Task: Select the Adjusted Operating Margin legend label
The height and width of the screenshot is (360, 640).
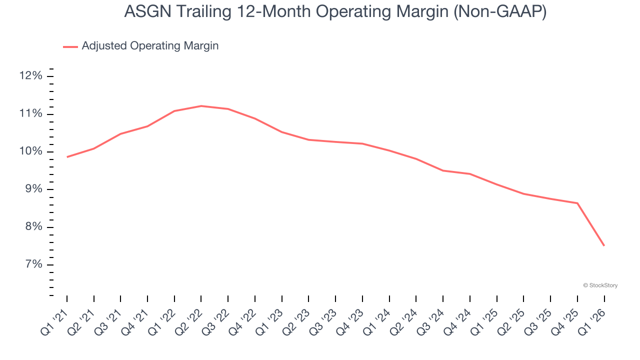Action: [x=150, y=46]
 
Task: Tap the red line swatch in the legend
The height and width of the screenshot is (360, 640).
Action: [x=70, y=46]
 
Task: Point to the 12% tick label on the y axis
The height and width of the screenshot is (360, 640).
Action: [x=31, y=76]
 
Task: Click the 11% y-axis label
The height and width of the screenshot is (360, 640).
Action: [x=31, y=114]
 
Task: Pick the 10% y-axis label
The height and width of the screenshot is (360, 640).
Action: [x=31, y=151]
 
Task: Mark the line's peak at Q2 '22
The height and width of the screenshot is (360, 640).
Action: [x=201, y=106]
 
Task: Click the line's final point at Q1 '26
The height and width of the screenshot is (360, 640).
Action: [x=604, y=245]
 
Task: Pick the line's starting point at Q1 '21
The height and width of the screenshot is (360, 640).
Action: [x=67, y=157]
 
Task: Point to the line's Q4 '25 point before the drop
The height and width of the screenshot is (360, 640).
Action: [x=577, y=203]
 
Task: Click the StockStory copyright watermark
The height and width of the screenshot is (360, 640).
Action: [x=600, y=285]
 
